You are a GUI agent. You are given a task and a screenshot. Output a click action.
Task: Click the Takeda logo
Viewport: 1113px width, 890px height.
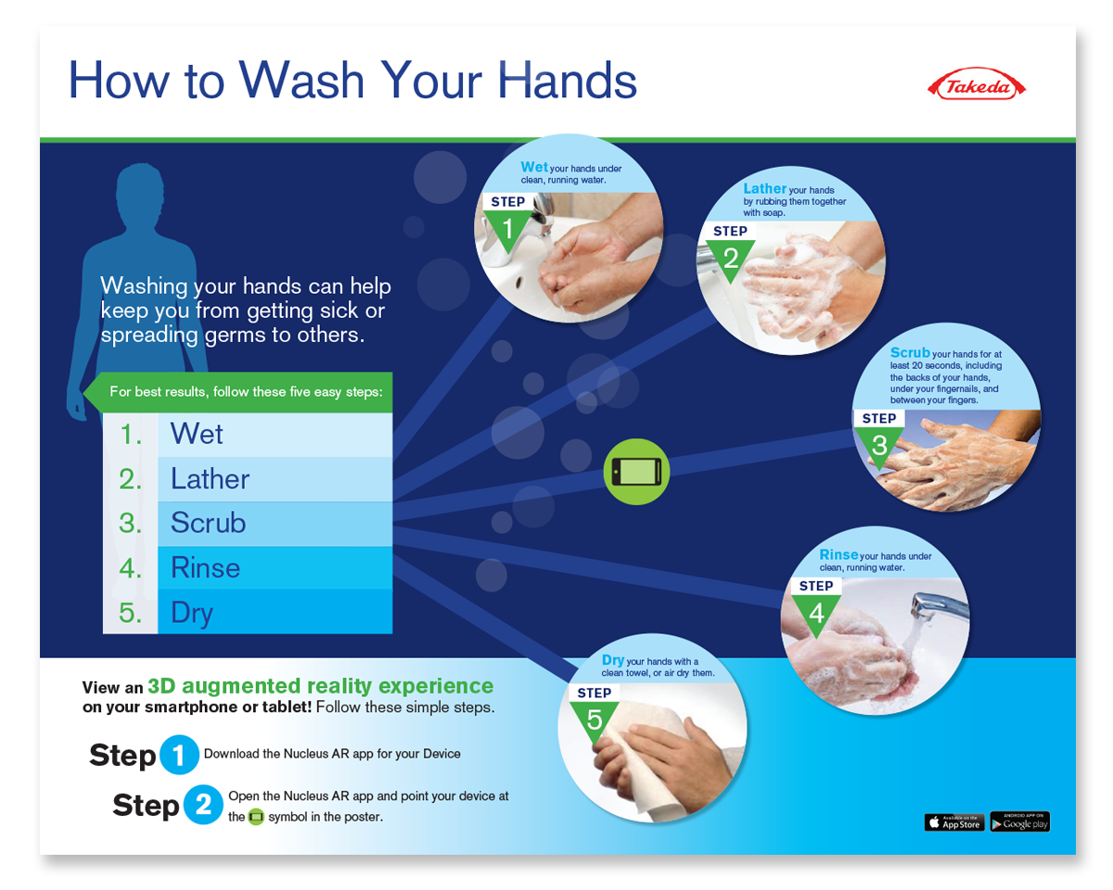[976, 84]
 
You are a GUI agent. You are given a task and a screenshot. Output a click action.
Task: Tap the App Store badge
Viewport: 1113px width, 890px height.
[953, 821]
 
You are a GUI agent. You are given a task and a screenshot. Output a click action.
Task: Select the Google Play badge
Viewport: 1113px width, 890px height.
[1020, 821]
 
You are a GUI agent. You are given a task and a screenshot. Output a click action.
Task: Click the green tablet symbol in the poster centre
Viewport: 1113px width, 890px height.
[636, 472]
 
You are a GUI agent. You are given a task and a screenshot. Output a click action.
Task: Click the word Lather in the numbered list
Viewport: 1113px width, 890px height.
[210, 479]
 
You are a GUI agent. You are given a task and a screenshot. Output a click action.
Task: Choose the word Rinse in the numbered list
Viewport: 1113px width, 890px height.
[205, 567]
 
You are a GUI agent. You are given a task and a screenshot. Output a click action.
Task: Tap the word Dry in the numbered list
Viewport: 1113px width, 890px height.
[192, 614]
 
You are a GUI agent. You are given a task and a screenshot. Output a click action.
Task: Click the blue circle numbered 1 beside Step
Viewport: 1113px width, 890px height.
[179, 755]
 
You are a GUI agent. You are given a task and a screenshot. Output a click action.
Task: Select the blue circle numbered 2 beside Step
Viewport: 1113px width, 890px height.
[203, 805]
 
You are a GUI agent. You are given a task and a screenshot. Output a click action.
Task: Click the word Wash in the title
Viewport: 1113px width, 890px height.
[301, 80]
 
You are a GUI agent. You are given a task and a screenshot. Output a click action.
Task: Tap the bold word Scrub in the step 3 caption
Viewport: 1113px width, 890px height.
[910, 352]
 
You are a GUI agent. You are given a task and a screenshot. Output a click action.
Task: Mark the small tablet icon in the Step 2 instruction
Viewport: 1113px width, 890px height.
[256, 817]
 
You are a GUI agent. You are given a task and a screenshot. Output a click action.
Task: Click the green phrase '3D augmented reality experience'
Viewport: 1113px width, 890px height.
[321, 686]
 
